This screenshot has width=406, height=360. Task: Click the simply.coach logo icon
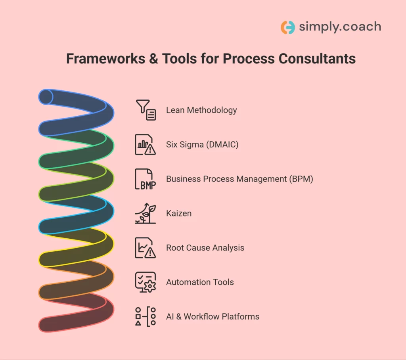pos(287,27)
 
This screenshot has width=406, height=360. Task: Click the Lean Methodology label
pos(201,110)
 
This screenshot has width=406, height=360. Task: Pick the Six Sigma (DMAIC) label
pos(202,145)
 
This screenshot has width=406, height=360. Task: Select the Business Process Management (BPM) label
pos(239,179)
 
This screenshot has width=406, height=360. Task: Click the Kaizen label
pos(178,213)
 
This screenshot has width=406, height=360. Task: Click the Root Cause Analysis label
pos(205,248)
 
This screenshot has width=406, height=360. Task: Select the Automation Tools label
pos(200,282)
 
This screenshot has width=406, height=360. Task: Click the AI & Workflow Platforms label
pos(213,317)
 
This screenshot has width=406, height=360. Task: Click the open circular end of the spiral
pos(46,97)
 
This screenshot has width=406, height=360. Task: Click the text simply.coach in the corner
pos(340,27)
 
